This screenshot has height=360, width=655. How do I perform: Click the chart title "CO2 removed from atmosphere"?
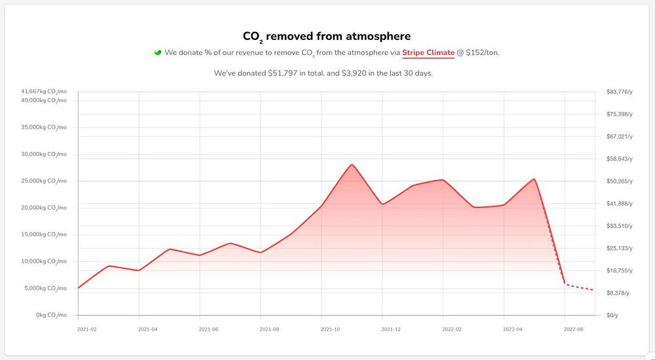[x=327, y=37]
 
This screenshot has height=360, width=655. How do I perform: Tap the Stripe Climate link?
[x=428, y=52]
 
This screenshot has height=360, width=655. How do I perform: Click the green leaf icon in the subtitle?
[x=157, y=52]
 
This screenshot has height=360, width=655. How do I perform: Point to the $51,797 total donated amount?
[x=284, y=73]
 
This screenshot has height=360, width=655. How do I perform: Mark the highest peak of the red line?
[x=352, y=164]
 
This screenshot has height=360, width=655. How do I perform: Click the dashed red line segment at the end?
[x=580, y=287]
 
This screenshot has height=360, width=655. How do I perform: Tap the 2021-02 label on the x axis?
[x=86, y=329]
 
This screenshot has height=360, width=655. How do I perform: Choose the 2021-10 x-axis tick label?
[x=330, y=329]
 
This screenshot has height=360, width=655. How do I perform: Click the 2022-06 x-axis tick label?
[x=574, y=329]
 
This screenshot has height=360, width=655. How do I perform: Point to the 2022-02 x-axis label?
[x=452, y=329]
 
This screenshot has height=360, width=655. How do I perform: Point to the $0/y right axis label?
[x=614, y=315]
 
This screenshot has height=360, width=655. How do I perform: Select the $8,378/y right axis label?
[x=619, y=293]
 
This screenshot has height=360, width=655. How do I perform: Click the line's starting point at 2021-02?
[x=79, y=288]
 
